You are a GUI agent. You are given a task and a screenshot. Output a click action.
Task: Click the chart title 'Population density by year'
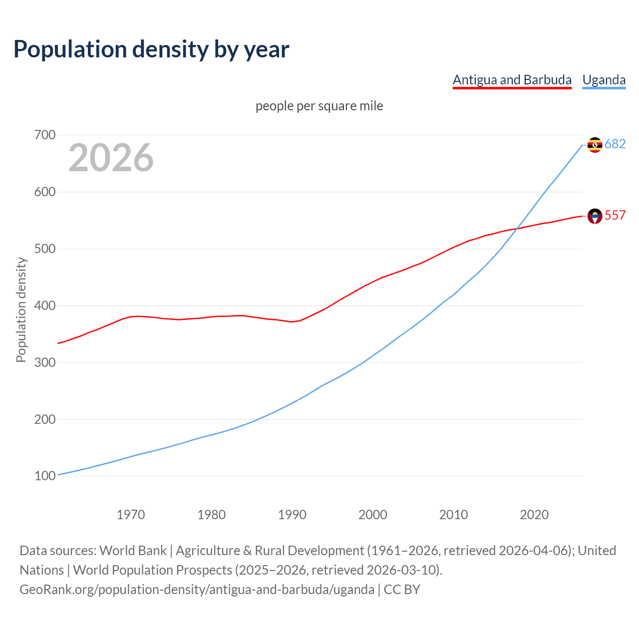pyautogui.click(x=151, y=49)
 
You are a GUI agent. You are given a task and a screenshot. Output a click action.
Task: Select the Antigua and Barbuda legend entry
pyautogui.click(x=512, y=80)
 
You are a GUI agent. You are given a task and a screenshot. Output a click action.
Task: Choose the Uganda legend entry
pyautogui.click(x=604, y=80)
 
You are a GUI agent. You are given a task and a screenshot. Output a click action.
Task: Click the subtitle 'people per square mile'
pyautogui.click(x=319, y=106)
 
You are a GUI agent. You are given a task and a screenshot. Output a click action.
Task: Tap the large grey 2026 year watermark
pyautogui.click(x=111, y=158)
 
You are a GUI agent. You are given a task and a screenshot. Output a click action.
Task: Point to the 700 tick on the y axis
pyautogui.click(x=45, y=135)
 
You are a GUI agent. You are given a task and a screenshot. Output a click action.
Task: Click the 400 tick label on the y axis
pyautogui.click(x=45, y=306)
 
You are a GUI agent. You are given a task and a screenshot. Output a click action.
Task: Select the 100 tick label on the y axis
pyautogui.click(x=45, y=476)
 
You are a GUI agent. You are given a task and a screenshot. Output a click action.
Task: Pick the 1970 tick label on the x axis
pyautogui.click(x=131, y=515)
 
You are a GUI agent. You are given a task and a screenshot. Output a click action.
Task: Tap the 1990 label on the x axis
pyautogui.click(x=292, y=515)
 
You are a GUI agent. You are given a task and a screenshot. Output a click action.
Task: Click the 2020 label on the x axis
pyautogui.click(x=534, y=515)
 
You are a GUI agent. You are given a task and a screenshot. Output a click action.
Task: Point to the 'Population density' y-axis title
pyautogui.click(x=21, y=310)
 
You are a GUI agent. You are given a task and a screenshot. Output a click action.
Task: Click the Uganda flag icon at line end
pyautogui.click(x=595, y=145)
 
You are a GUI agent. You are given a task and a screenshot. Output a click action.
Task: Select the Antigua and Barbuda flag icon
pyautogui.click(x=595, y=216)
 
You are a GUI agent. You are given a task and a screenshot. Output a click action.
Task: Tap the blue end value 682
pyautogui.click(x=615, y=144)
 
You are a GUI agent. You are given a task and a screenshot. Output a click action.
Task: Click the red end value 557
pyautogui.click(x=615, y=215)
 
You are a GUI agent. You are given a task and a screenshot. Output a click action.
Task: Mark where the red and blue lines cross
pyautogui.click(x=517, y=228)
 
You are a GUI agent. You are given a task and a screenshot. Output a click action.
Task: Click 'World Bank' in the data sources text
pyautogui.click(x=133, y=551)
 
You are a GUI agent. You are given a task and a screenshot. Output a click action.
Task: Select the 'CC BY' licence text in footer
pyautogui.click(x=402, y=590)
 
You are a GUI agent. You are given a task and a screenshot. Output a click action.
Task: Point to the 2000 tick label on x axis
pyautogui.click(x=373, y=515)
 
